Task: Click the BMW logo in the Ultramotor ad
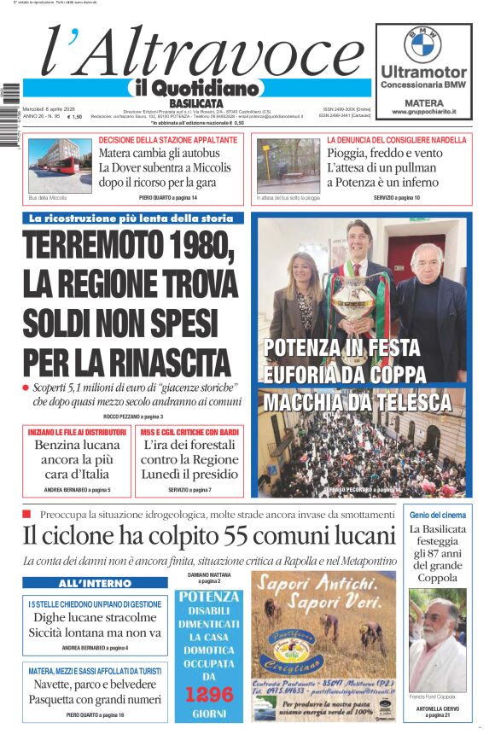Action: point(422,43)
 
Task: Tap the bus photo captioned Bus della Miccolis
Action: point(58,165)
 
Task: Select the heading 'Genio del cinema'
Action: point(437,515)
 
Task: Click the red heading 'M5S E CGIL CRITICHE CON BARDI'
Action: point(189,432)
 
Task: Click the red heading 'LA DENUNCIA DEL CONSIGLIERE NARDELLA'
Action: point(396,139)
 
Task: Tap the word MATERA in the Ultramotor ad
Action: point(422,101)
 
